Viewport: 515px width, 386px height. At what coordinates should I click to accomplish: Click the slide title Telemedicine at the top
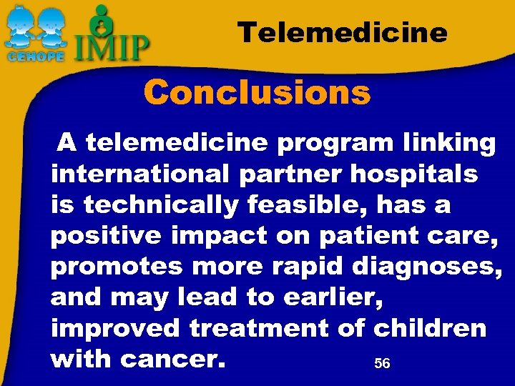pyautogui.click(x=343, y=32)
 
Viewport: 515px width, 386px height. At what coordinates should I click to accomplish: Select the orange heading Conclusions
pyautogui.click(x=257, y=92)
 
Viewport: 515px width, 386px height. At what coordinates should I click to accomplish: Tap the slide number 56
pyautogui.click(x=382, y=364)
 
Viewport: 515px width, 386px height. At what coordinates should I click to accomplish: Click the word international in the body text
pyautogui.click(x=140, y=174)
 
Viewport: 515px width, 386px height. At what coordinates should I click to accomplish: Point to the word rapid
pyautogui.click(x=308, y=267)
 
